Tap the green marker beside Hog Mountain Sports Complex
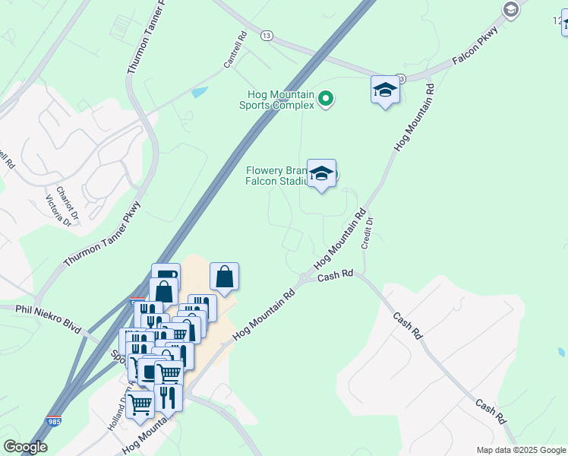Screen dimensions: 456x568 click(327, 98)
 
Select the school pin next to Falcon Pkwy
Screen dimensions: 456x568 click(386, 91)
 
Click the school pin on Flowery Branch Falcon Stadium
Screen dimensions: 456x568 click(321, 174)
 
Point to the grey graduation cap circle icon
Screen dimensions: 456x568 click(510, 9)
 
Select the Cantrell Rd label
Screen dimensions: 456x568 click(236, 50)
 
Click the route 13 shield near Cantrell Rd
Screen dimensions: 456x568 click(266, 35)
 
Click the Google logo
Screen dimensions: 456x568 click(26, 447)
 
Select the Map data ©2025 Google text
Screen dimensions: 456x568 click(520, 450)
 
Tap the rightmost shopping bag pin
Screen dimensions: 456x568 click(225, 278)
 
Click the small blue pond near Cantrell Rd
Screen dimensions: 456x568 click(200, 93)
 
